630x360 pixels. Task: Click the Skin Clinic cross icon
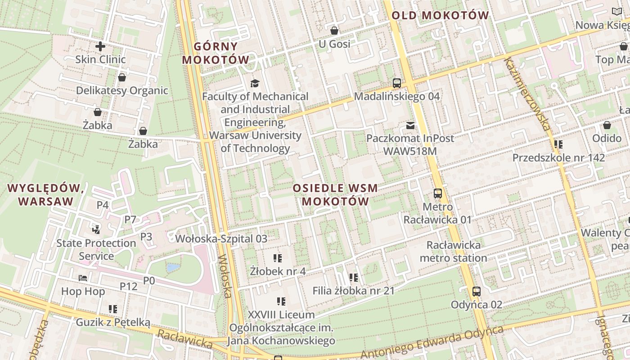(100, 46)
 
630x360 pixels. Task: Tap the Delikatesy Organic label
(122, 90)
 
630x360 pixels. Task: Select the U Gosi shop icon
(334, 31)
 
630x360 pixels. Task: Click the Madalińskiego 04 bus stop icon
(396, 83)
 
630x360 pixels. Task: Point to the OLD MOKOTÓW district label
(440, 15)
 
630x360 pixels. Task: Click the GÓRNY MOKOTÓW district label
(216, 53)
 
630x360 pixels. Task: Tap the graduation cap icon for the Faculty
(255, 83)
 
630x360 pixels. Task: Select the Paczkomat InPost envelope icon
(410, 125)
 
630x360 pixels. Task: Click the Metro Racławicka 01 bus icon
(437, 193)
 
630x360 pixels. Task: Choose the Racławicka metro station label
(453, 252)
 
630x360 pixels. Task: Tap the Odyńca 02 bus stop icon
(477, 292)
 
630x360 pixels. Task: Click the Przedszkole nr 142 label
(558, 158)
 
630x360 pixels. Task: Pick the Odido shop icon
(607, 125)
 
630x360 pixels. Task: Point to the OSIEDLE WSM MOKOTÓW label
(335, 194)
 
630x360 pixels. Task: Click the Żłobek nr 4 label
(278, 271)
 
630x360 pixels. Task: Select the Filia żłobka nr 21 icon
(353, 278)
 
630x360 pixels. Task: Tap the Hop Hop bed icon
(83, 278)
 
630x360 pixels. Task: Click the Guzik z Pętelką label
(112, 322)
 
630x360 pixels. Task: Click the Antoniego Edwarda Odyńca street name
(432, 342)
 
